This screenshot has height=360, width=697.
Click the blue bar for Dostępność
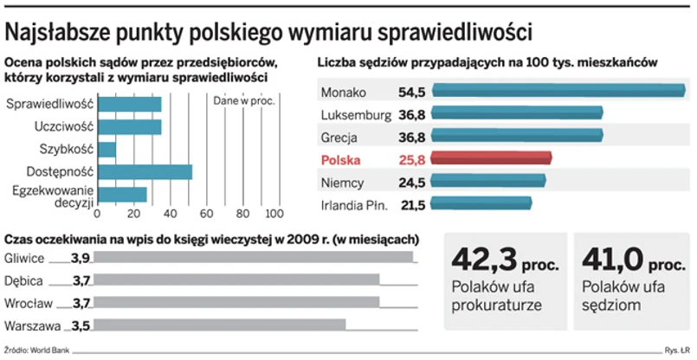click(x=144, y=171)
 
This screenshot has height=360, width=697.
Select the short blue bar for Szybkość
click(x=106, y=150)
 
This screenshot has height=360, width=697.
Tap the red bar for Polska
click(x=490, y=158)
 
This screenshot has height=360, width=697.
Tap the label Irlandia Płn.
click(x=356, y=205)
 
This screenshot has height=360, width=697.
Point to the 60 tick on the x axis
click(x=205, y=213)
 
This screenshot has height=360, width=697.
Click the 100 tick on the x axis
click(x=275, y=213)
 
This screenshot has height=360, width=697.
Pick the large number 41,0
click(x=612, y=259)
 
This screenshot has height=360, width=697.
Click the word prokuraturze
click(x=496, y=305)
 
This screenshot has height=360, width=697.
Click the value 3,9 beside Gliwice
click(x=81, y=257)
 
